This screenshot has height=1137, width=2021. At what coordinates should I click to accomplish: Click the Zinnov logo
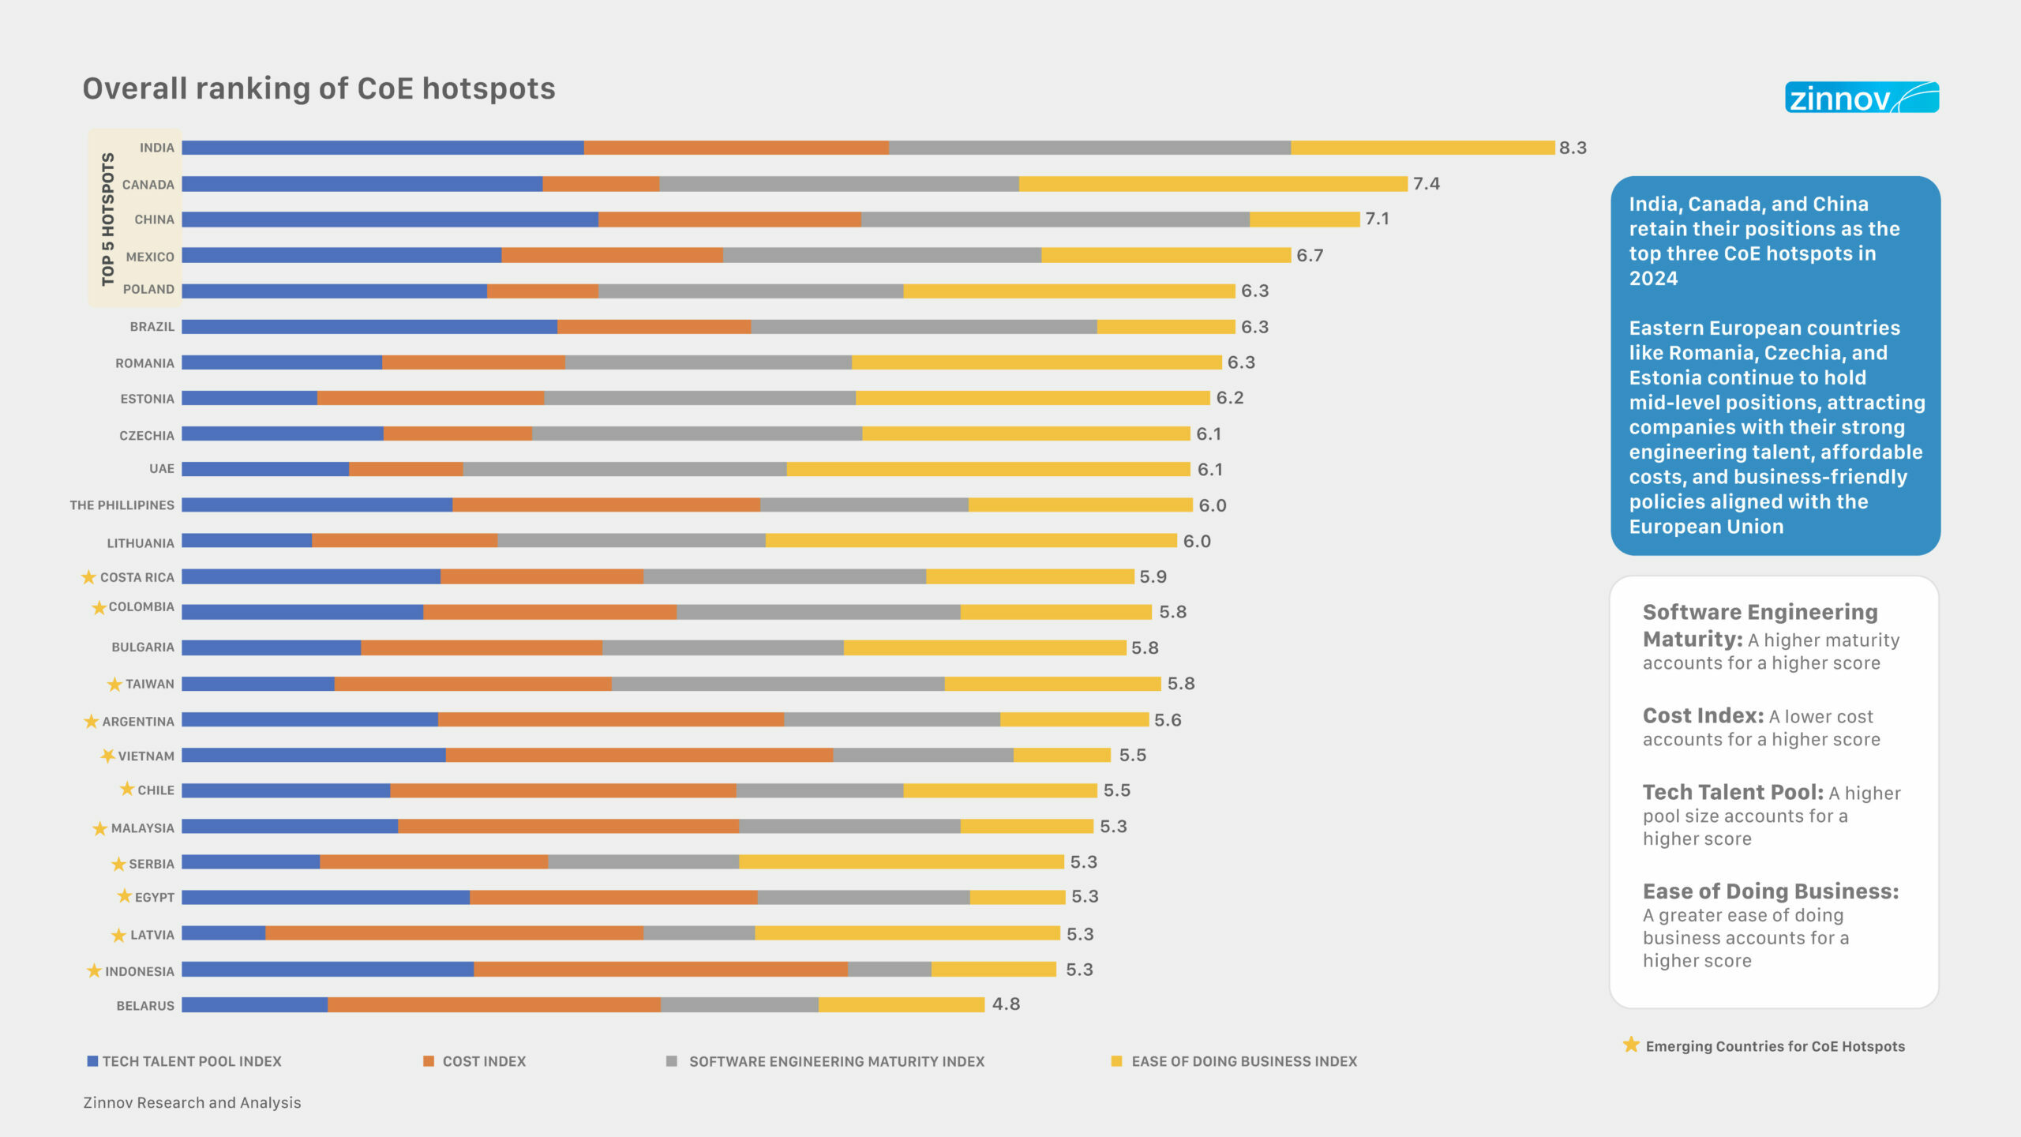(x=1861, y=98)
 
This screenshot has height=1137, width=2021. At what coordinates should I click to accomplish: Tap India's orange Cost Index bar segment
(x=736, y=148)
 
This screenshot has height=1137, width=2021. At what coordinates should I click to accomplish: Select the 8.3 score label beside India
(x=1573, y=148)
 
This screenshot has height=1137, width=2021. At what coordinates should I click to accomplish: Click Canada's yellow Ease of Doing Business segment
(x=1213, y=184)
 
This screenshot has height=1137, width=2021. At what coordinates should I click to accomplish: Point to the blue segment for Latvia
(x=223, y=933)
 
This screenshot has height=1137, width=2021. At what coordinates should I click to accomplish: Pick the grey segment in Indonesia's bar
(x=889, y=969)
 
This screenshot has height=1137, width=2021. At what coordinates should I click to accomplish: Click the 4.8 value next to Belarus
(x=1006, y=1004)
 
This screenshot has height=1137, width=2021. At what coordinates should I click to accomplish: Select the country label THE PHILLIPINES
(x=122, y=505)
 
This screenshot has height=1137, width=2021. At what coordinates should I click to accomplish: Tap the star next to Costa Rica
(x=88, y=577)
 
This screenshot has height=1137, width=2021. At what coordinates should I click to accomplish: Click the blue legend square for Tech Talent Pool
(x=92, y=1061)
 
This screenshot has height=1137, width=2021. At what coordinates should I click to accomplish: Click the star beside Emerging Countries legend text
(x=1631, y=1045)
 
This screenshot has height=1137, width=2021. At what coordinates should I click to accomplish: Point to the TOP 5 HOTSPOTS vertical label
(x=108, y=219)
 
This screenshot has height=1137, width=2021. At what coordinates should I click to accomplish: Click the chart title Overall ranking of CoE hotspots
(x=319, y=89)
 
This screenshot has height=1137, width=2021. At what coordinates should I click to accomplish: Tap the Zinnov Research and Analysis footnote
(x=192, y=1103)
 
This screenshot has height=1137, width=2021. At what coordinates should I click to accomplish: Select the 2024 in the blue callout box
(x=1653, y=279)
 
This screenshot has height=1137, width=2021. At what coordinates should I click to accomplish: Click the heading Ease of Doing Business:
(x=1770, y=891)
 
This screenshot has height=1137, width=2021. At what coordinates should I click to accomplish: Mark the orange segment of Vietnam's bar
(x=639, y=756)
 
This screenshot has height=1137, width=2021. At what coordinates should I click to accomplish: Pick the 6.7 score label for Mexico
(x=1310, y=256)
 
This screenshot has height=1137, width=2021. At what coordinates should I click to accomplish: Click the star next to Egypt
(x=124, y=896)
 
